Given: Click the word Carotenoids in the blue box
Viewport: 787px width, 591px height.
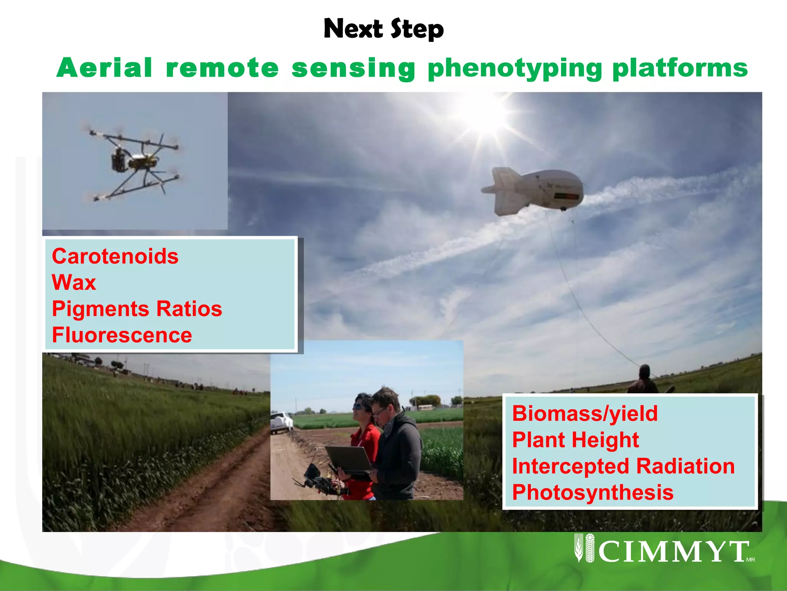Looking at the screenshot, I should click(x=115, y=256).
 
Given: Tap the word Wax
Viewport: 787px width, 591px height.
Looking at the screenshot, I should click(x=74, y=282).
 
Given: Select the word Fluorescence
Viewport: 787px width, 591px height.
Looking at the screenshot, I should click(x=122, y=335).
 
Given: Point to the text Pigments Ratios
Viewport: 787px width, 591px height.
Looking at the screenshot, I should click(x=137, y=309).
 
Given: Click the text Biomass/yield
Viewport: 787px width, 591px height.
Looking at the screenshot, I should click(x=585, y=414).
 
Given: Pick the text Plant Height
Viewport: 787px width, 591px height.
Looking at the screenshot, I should click(x=575, y=440).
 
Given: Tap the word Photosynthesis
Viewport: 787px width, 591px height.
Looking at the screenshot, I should click(x=593, y=492).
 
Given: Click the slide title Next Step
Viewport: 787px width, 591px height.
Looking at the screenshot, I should click(x=384, y=29).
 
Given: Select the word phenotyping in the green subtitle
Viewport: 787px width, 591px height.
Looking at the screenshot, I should click(x=515, y=68).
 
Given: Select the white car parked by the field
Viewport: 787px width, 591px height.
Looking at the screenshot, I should click(x=282, y=422).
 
